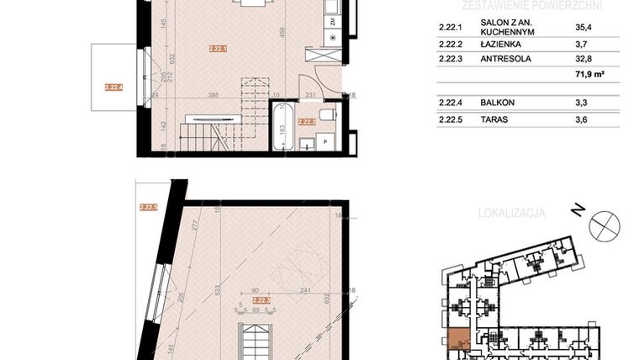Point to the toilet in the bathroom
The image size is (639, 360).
tap(330, 115)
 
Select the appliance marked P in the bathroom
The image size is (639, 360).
tap(326, 143)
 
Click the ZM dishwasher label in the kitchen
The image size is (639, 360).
tap(333, 20)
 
